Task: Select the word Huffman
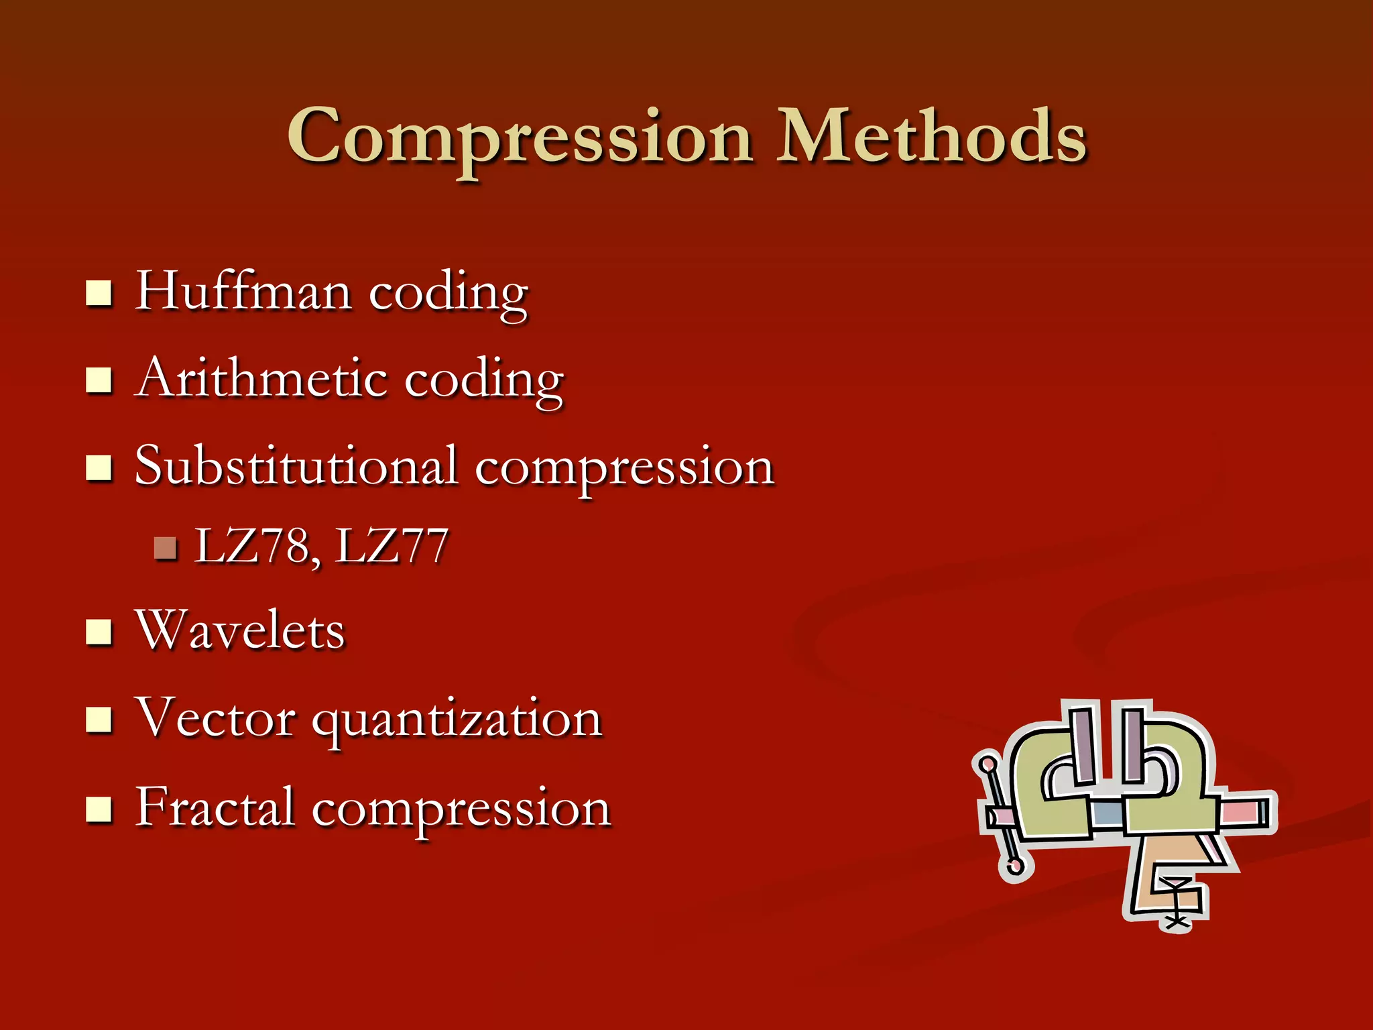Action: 243,292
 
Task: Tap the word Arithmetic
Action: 261,378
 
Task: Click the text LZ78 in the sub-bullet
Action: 251,546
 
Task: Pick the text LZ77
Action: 392,546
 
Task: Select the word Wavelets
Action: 240,630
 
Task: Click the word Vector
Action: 215,718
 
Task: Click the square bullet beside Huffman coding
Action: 99,293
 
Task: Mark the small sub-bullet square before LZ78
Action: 164,548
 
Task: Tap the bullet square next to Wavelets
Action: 99,632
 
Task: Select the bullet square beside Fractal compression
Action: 99,809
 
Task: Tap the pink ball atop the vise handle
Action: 987,764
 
